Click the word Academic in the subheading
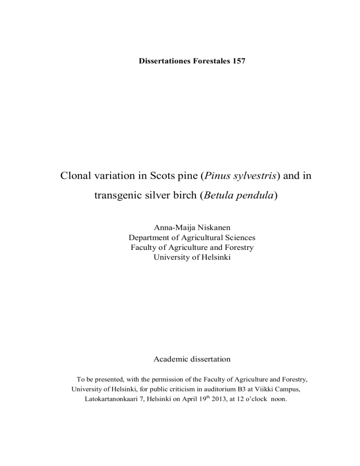[x=172, y=359]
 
